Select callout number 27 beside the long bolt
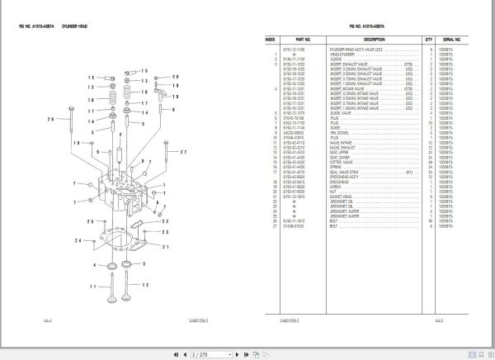pos(184,152)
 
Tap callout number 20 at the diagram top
pos(175,77)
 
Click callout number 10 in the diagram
pos(76,143)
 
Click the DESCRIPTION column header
pos(374,39)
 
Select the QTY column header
pos(428,39)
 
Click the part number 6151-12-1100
pos(295,50)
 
